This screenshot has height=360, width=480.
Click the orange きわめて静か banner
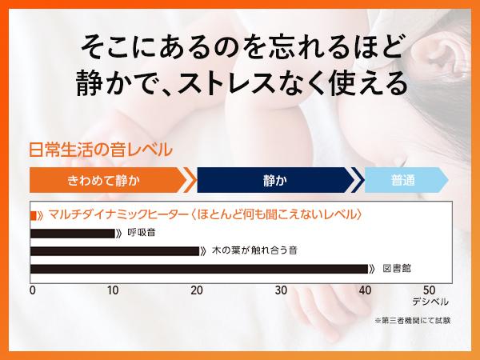click(x=104, y=179)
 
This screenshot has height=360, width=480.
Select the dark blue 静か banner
click(x=274, y=179)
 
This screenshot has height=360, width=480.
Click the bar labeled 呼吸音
click(x=72, y=233)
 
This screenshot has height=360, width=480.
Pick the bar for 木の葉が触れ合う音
click(x=114, y=250)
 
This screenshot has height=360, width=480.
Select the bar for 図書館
click(x=198, y=268)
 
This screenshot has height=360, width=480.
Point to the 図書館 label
click(x=398, y=268)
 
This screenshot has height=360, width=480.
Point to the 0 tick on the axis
click(x=32, y=290)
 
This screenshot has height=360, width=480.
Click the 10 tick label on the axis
click(x=114, y=290)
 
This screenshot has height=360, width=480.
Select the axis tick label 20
click(x=197, y=290)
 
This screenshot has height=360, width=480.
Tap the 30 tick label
click(x=280, y=290)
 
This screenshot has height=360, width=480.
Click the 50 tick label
click(x=429, y=290)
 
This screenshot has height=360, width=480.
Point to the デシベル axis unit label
click(x=430, y=302)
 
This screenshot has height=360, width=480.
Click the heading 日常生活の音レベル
click(x=100, y=150)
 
